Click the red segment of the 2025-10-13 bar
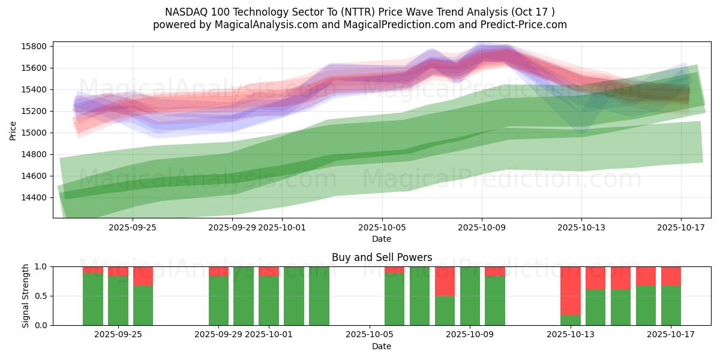570,290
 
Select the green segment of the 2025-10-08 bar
445,310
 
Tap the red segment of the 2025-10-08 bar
445,281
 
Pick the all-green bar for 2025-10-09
470,296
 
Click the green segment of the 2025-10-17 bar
671,305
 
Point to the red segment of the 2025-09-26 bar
143,276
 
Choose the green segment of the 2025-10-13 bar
570,320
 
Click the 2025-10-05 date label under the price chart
382,227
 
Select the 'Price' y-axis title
13,130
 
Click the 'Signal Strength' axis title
25,296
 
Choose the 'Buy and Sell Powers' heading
382,257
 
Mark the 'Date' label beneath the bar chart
382,346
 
